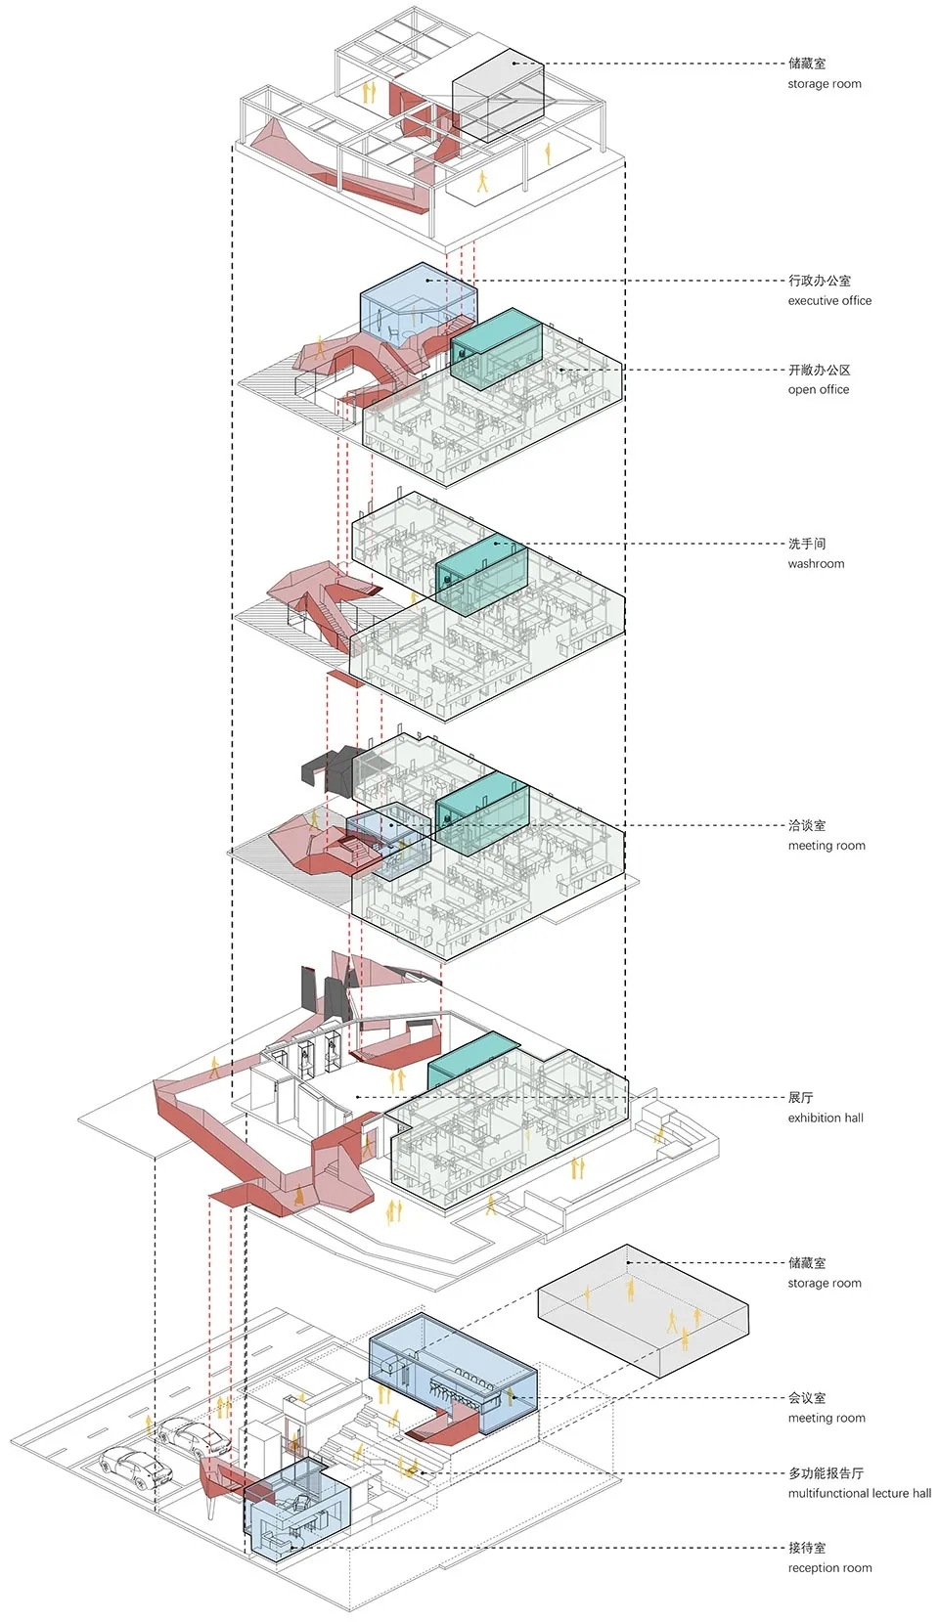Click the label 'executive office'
829,301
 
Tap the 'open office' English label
819,389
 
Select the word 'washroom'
816,564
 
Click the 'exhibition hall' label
826,1118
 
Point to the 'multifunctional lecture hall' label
860,1493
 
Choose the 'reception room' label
829,1568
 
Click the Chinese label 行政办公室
820,281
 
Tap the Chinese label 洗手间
807,544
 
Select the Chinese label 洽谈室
807,825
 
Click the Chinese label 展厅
800,1098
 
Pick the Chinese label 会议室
807,1398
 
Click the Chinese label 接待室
807,1548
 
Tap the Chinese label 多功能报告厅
826,1473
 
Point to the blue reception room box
295,1511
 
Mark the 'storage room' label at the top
825,84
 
